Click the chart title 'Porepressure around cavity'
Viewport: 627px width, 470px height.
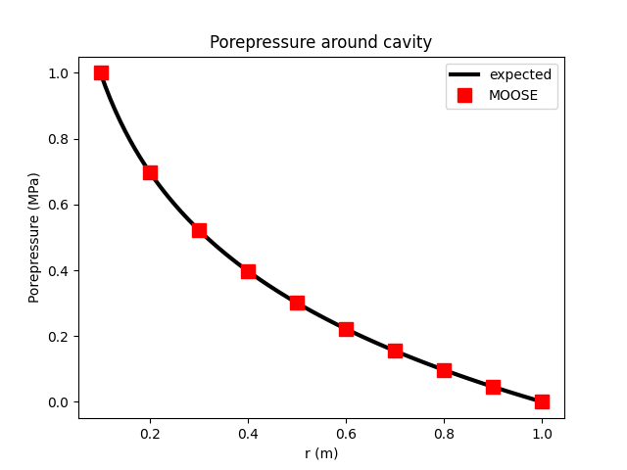pos(320,43)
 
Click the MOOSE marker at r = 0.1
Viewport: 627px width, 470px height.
pos(101,72)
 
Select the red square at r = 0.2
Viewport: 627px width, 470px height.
pos(150,172)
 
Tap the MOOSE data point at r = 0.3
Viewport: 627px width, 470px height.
pos(199,230)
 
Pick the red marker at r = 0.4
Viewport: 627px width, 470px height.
pos(248,271)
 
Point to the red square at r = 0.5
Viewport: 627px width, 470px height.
pos(297,303)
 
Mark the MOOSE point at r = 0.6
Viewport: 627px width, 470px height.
pos(346,329)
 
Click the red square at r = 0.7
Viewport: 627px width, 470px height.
pos(395,351)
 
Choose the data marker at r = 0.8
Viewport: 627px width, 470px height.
pos(444,370)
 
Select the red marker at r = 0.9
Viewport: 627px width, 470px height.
pos(493,387)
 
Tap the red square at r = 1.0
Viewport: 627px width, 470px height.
pos(542,401)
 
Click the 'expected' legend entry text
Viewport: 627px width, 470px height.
pos(520,74)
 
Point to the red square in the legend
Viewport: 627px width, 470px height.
pos(464,95)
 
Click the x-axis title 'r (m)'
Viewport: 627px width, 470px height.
pos(320,453)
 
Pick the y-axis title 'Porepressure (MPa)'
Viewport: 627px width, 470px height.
pos(34,237)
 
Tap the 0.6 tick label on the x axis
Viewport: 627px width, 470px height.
pos(346,433)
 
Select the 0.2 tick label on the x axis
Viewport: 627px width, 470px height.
pos(150,433)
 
